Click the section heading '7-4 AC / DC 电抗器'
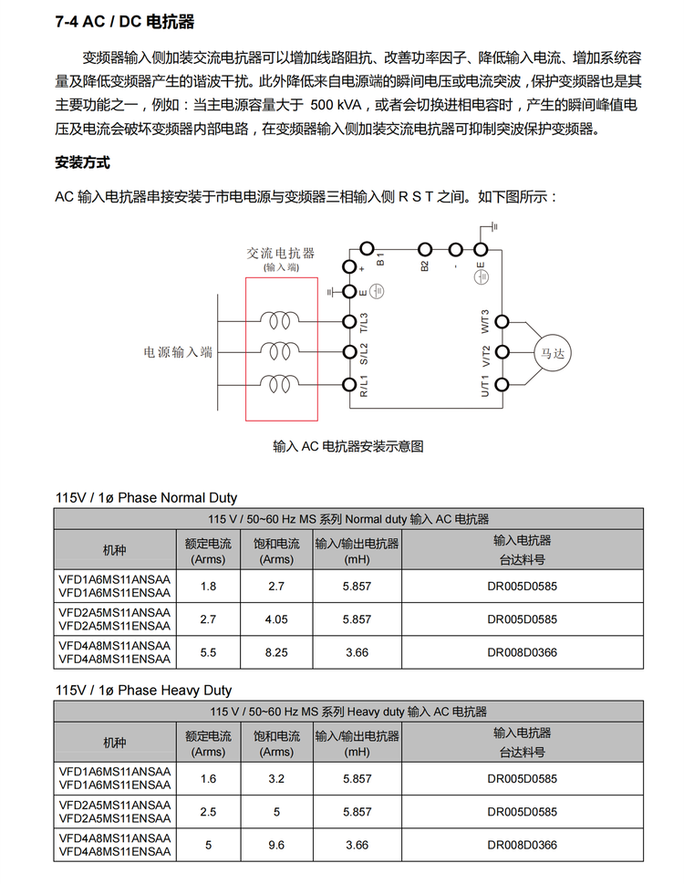click(x=125, y=22)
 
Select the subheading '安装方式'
click(x=82, y=163)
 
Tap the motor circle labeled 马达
click(x=553, y=351)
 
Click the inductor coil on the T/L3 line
click(x=278, y=321)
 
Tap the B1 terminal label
click(x=380, y=259)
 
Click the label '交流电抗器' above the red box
click(x=281, y=253)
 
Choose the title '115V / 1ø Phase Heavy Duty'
click(x=144, y=690)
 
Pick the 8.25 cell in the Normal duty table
click(x=276, y=653)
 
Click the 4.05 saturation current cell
click(x=276, y=619)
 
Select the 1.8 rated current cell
click(x=208, y=586)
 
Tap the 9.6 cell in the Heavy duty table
click(x=276, y=846)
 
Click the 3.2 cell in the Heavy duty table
click(x=276, y=778)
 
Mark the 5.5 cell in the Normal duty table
click(x=208, y=653)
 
